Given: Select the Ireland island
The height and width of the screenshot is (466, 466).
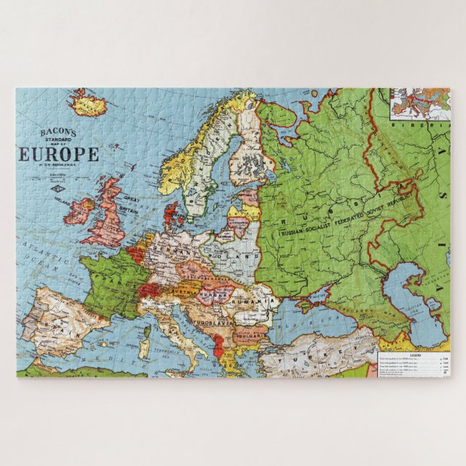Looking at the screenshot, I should [x=80, y=211].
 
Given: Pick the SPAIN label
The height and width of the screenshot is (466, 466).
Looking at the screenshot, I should [x=61, y=318].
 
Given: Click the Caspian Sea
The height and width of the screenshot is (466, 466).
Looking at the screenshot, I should [x=412, y=304].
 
